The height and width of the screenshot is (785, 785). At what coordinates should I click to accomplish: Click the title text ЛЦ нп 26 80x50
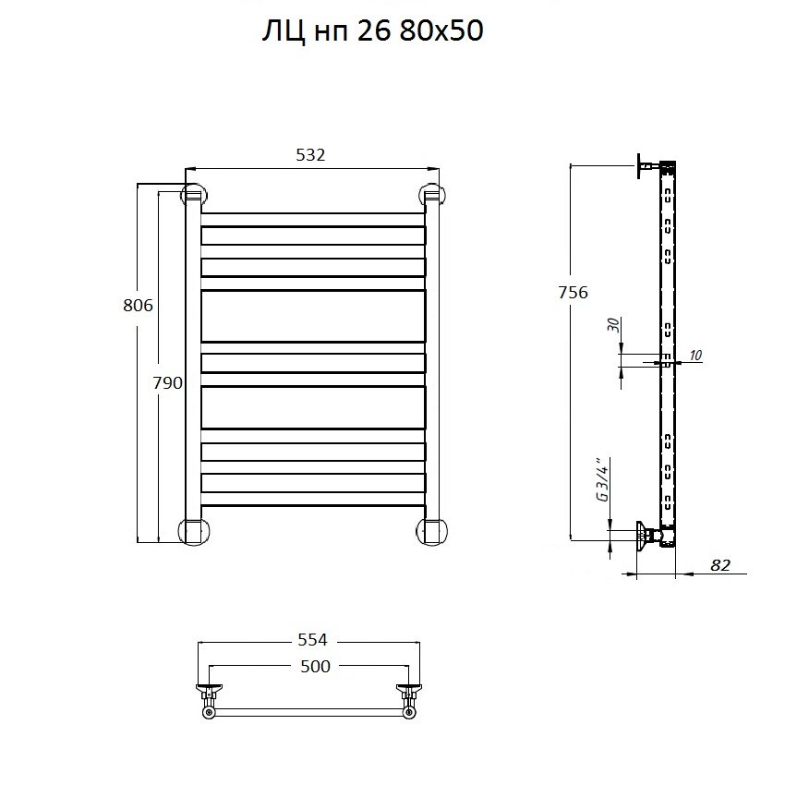pos(373,31)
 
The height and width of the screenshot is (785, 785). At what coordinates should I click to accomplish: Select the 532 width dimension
pos(310,155)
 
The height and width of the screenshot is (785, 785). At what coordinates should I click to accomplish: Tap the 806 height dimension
pos(138,306)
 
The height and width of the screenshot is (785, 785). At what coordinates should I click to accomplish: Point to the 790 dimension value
pos(168,383)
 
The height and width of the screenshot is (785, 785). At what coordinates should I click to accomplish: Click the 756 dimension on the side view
pos(574,293)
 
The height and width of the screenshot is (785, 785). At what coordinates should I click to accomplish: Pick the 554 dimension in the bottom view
pos(312,640)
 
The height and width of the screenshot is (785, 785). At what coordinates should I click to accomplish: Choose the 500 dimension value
pos(316,667)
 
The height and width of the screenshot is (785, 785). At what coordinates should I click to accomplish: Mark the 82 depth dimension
pos(720,565)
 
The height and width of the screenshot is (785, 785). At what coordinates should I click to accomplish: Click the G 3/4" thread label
pos(603,479)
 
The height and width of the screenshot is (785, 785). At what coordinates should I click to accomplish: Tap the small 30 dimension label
pos(614,325)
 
